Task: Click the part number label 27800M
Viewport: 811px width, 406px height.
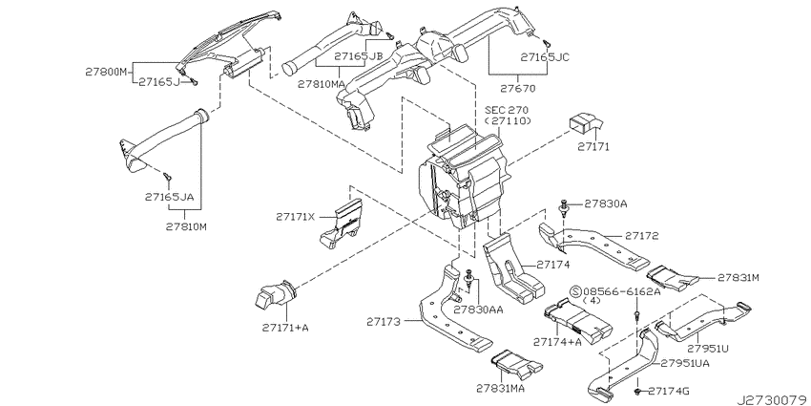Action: [x=106, y=72]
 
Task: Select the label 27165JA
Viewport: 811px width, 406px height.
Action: [x=169, y=197]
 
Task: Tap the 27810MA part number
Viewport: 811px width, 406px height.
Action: [x=322, y=83]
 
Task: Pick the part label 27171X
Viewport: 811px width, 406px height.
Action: [x=295, y=218]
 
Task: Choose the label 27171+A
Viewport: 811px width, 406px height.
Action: [x=285, y=328]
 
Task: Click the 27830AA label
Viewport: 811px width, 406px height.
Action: [x=478, y=310]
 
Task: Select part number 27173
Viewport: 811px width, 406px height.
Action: [x=384, y=322]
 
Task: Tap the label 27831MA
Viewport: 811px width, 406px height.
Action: [x=501, y=388]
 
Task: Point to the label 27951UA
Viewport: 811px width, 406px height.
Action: [x=685, y=364]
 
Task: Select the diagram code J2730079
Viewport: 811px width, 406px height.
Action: [x=774, y=400]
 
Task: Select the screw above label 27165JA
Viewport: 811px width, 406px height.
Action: [x=167, y=177]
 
